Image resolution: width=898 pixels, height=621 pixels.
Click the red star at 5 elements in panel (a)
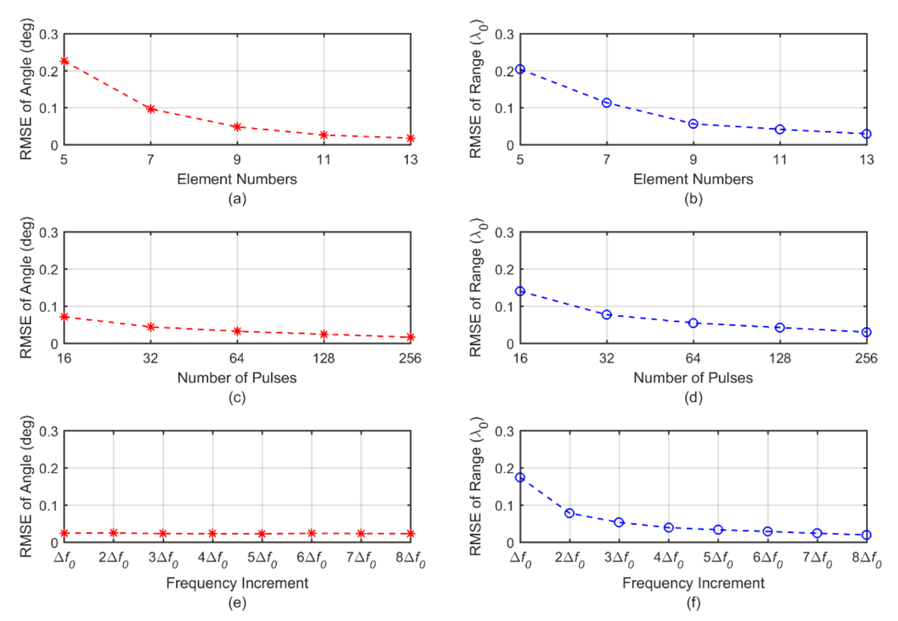click(x=64, y=61)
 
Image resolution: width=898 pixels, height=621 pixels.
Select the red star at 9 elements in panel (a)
click(x=237, y=127)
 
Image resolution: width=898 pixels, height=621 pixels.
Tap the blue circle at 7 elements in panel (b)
click(x=606, y=103)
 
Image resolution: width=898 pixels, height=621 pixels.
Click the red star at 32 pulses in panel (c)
click(x=151, y=327)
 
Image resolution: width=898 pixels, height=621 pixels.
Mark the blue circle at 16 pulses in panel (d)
click(x=520, y=291)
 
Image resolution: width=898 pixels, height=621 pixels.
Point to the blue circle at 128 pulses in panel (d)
click(x=780, y=328)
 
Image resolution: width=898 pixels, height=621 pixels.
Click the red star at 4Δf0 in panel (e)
click(x=212, y=533)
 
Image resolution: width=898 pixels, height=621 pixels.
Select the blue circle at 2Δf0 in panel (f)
click(x=569, y=513)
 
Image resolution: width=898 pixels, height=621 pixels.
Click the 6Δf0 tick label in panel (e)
click(x=311, y=559)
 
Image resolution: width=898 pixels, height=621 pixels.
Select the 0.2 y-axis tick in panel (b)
click(x=504, y=72)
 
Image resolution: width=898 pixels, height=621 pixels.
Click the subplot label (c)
click(x=237, y=398)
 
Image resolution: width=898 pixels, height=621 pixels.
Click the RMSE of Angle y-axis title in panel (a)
click(x=26, y=89)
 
